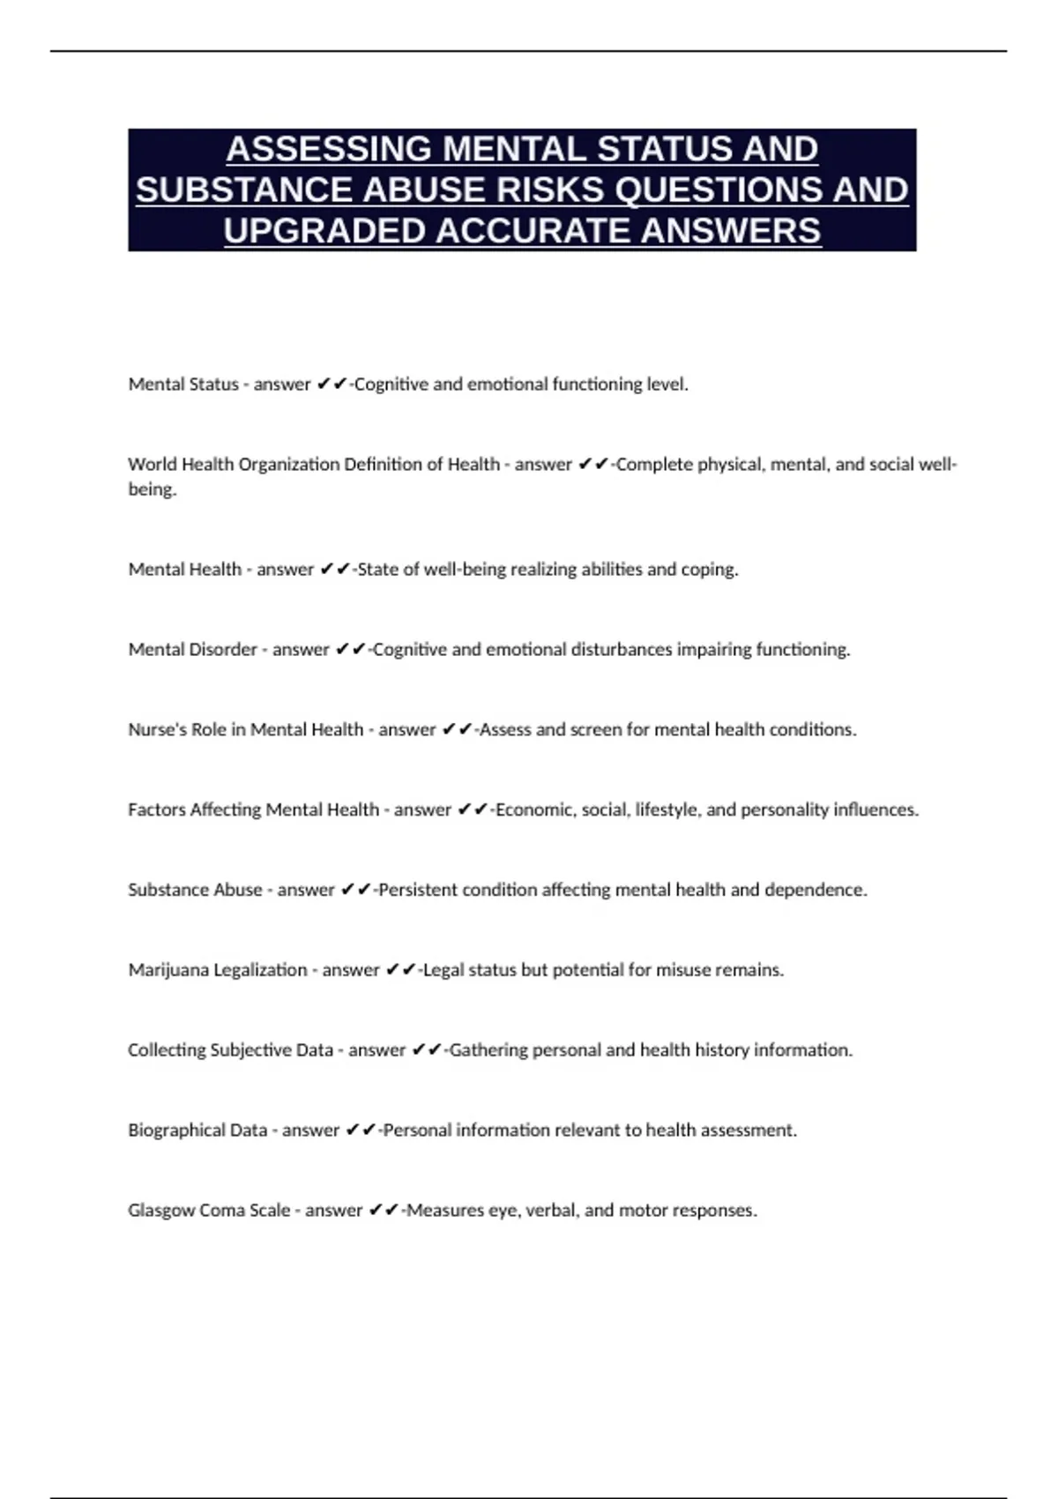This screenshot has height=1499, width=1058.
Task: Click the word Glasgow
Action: (161, 1211)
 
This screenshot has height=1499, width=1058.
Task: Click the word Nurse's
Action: (158, 729)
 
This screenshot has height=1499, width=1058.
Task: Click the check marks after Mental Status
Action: (332, 384)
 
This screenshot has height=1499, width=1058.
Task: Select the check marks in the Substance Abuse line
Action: (356, 890)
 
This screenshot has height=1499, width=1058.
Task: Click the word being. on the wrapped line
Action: (152, 489)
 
